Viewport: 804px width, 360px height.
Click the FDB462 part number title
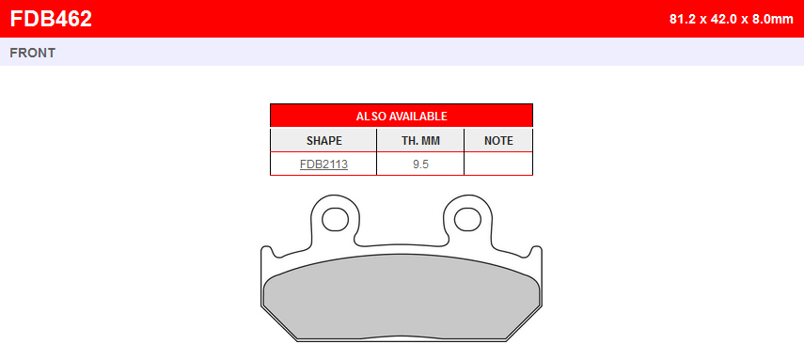point(51,19)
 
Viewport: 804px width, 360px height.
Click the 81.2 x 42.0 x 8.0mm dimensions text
point(732,20)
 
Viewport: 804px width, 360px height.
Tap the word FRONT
point(32,53)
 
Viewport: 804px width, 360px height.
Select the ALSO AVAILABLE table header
point(402,116)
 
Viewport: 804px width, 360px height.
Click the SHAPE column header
point(324,140)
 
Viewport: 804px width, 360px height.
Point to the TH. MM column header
point(420,140)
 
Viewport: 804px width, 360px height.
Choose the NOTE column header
point(498,140)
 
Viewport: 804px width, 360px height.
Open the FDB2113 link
point(324,164)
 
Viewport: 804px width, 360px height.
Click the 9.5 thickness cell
point(420,164)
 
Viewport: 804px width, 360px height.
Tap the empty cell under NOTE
point(498,164)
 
